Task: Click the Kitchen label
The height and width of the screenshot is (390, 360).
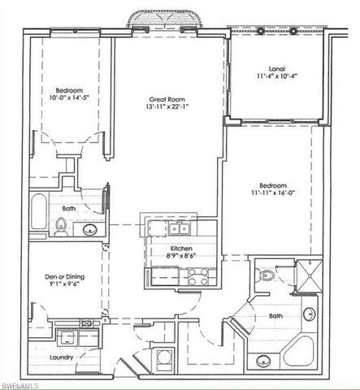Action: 180,249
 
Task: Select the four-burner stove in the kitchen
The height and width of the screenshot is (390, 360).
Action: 197,276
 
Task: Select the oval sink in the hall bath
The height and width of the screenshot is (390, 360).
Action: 92,229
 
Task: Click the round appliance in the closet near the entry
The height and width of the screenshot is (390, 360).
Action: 165,358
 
